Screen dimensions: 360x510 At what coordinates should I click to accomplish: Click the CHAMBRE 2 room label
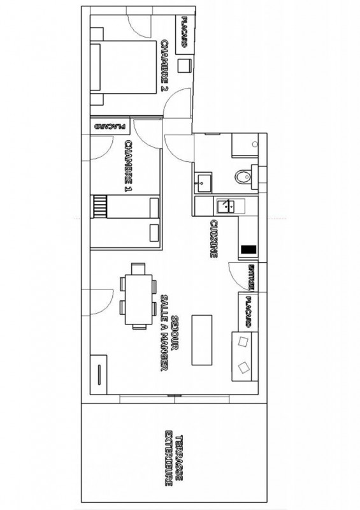(x=165, y=66)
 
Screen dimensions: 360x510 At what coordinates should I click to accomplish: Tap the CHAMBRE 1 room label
(x=129, y=166)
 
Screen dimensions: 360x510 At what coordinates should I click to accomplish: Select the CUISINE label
(x=213, y=238)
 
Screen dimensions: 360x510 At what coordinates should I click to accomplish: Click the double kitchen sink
(x=226, y=206)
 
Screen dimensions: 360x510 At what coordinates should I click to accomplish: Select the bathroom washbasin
(x=204, y=182)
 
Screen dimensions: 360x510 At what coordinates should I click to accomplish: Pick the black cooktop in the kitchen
(x=248, y=250)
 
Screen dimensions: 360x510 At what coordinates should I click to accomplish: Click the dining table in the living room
(x=138, y=300)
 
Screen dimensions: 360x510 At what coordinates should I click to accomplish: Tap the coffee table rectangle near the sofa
(x=201, y=340)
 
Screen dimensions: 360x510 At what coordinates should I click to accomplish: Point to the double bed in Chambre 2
(x=123, y=67)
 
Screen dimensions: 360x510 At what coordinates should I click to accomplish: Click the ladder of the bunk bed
(x=100, y=207)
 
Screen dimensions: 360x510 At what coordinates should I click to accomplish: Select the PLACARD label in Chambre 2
(x=184, y=32)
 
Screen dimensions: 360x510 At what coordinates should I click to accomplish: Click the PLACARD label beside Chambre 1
(x=110, y=126)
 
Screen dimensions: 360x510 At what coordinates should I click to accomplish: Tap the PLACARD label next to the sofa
(x=248, y=312)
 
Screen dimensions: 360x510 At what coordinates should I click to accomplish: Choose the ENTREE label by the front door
(x=251, y=277)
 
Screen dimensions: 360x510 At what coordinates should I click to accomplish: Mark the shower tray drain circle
(x=255, y=144)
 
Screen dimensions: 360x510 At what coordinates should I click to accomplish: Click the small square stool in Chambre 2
(x=184, y=66)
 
